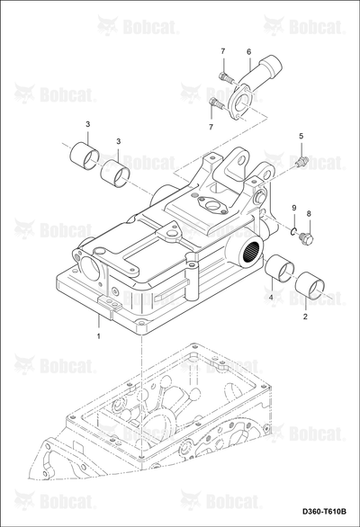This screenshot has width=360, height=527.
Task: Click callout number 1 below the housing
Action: pyautogui.click(x=99, y=335)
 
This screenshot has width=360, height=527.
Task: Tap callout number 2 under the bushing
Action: pyautogui.click(x=305, y=317)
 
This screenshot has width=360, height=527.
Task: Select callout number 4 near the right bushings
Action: pyautogui.click(x=270, y=297)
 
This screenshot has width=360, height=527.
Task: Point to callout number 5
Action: pyautogui.click(x=301, y=136)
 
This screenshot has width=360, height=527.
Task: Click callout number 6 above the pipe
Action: pyautogui.click(x=249, y=51)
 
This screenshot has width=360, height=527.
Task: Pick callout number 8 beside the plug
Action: pyautogui.click(x=309, y=213)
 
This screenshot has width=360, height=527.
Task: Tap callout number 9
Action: pyautogui.click(x=293, y=208)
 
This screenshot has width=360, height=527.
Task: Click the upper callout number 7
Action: pyautogui.click(x=223, y=51)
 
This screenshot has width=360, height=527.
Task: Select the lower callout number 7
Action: pyautogui.click(x=211, y=127)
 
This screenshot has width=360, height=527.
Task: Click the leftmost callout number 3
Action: pyautogui.click(x=88, y=124)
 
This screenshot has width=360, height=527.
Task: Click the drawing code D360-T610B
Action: pyautogui.click(x=324, y=512)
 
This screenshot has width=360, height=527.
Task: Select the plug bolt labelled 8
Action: pyautogui.click(x=307, y=238)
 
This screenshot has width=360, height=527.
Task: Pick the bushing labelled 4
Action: pyautogui.click(x=280, y=268)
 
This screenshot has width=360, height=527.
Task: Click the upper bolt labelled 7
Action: pyautogui.click(x=226, y=78)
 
